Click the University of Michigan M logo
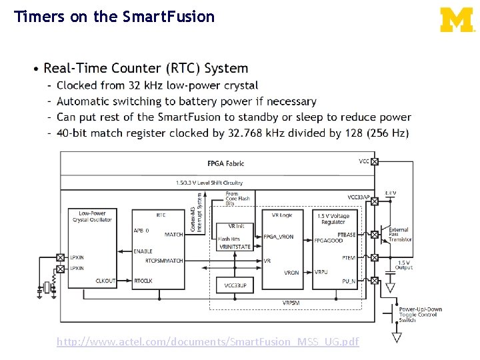tap(457, 19)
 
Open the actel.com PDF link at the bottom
tap(207, 342)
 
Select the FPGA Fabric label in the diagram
tap(225, 163)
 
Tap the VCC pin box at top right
tap(374, 161)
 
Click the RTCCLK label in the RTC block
tap(143, 281)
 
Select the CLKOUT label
tap(105, 281)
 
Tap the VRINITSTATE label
tap(235, 247)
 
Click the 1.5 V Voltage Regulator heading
tap(333, 219)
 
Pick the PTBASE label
tap(347, 235)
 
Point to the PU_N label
tap(349, 281)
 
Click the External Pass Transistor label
tap(399, 234)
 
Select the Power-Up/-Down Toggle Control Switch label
tap(420, 315)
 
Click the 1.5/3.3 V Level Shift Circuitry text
tap(209, 182)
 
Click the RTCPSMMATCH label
tap(164, 261)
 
